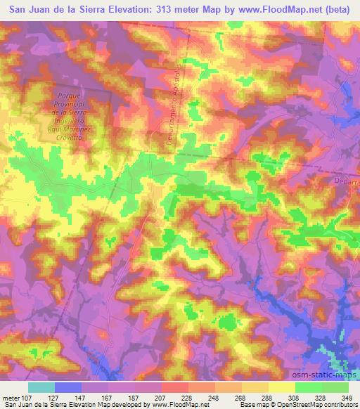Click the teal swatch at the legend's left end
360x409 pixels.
[x=41, y=387]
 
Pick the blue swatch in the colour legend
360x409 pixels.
[x=67, y=387]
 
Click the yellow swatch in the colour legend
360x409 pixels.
[x=281, y=387]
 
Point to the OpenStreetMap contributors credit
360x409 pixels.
[x=320, y=404]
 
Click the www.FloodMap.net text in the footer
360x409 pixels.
[x=181, y=404]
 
